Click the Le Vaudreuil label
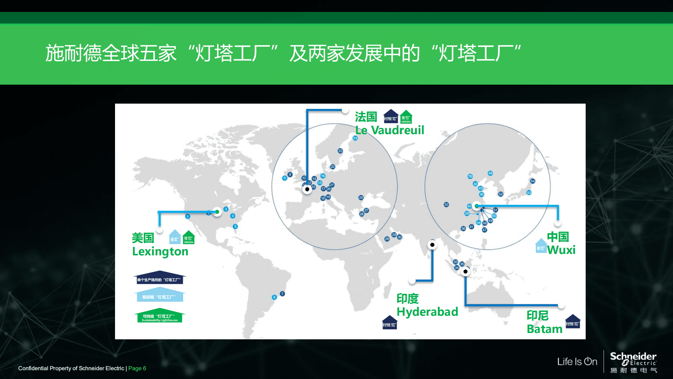click(389, 130)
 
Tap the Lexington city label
click(160, 251)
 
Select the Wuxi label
click(561, 250)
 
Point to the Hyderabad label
click(427, 312)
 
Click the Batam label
click(544, 329)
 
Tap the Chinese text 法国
click(366, 117)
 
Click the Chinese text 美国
click(143, 238)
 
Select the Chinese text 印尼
click(537, 315)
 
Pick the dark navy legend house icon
click(160, 277)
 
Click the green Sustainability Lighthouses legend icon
click(160, 316)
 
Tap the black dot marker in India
click(432, 245)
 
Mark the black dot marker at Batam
click(465, 272)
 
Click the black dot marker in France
click(307, 189)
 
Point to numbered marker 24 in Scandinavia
click(355, 138)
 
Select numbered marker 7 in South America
click(282, 294)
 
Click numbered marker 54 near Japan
click(532, 181)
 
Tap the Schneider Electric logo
click(633, 362)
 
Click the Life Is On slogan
click(577, 361)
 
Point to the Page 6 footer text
click(137, 368)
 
